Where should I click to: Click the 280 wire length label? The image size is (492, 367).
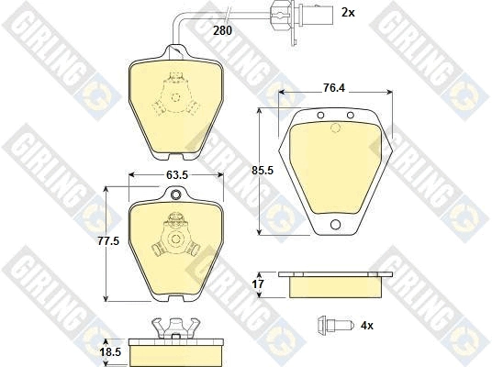222,31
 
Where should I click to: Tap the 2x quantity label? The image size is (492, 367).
348,13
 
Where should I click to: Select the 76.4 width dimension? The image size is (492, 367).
334,88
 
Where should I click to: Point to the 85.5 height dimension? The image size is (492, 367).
263,171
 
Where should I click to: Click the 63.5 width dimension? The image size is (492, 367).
177,174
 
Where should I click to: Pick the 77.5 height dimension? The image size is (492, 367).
108,241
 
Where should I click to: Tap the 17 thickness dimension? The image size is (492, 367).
258,284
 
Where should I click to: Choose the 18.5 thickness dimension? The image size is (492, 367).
110,352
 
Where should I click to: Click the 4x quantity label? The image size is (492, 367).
367,326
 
